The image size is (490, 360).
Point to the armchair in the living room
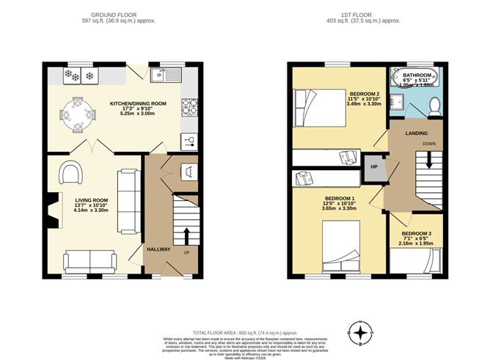pyautogui.click(x=70, y=172)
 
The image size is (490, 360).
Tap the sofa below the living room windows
pyautogui.click(x=88, y=261)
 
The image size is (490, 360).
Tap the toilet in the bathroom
pyautogui.click(x=433, y=106)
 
